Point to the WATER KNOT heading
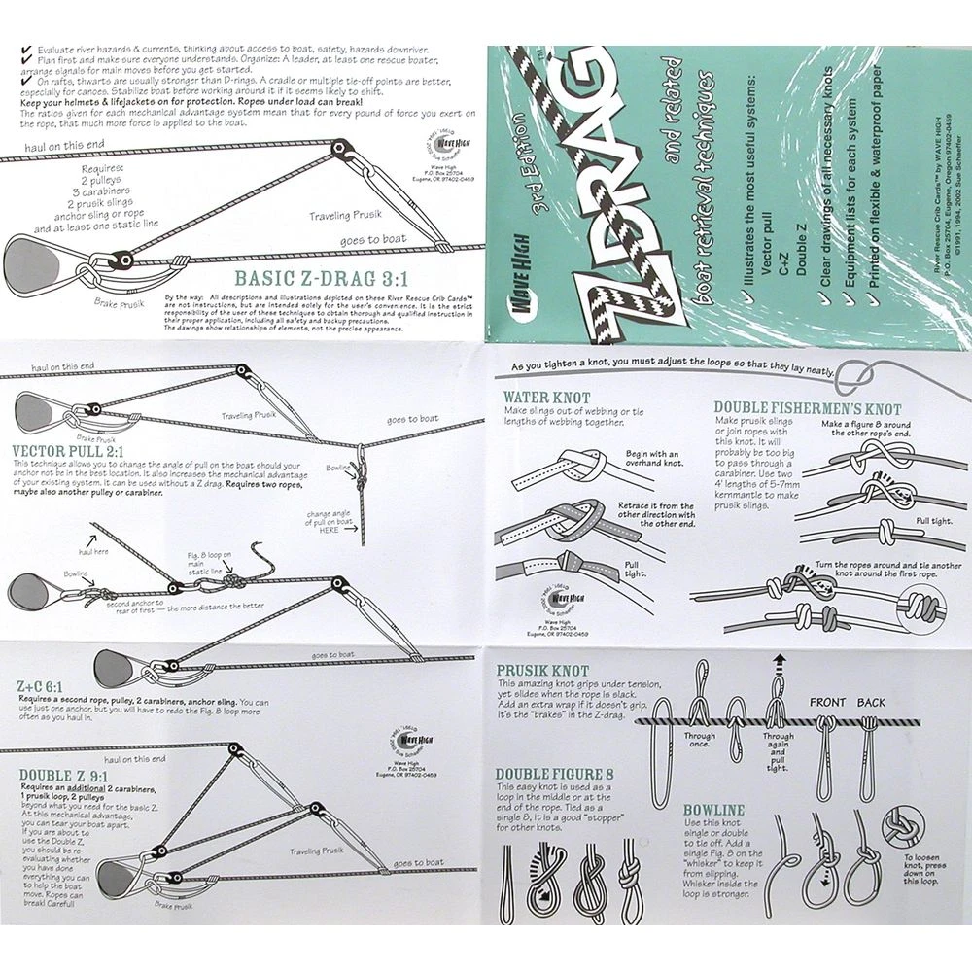(545, 399)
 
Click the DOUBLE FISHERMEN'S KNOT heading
(808, 409)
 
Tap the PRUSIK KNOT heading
(544, 671)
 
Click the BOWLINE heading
(713, 809)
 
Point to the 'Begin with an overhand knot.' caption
(653, 460)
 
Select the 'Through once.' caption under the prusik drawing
(699, 742)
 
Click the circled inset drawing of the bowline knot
(903, 833)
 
